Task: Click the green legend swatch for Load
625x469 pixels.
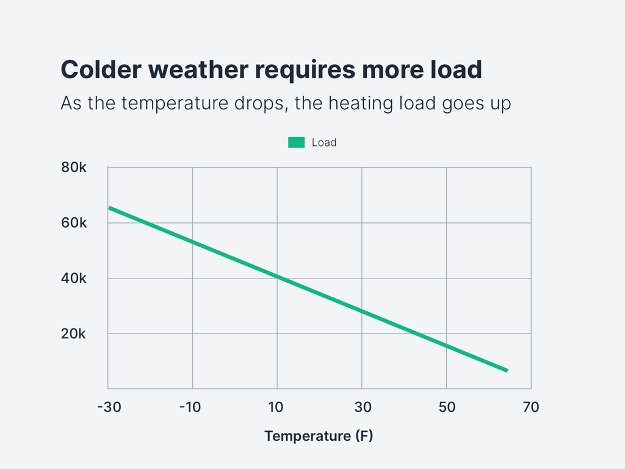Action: coord(296,142)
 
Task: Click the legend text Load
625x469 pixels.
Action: coord(324,142)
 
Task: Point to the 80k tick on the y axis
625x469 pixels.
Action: coord(74,167)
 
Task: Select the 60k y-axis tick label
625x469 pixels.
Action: coord(74,223)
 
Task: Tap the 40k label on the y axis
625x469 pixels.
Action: coord(74,278)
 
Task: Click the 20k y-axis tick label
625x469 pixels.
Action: coord(74,334)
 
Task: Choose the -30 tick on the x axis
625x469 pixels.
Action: coord(109,407)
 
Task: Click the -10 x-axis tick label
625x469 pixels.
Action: coord(192,407)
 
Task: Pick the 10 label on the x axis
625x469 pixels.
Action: coord(277,407)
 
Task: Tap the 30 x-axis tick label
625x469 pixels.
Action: coord(363,407)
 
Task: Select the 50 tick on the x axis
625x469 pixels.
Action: coord(447,407)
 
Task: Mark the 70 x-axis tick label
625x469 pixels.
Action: coord(531,407)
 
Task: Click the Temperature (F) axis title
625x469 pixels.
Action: coord(318,436)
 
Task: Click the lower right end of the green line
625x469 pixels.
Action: coord(506,370)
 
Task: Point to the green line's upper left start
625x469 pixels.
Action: coord(110,208)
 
